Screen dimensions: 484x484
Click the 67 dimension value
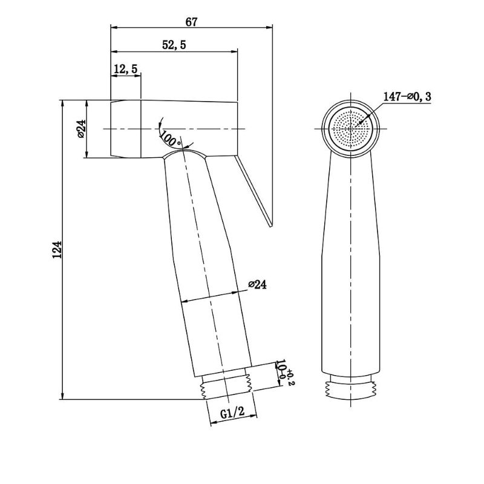point(191,22)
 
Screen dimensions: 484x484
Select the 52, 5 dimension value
point(174,45)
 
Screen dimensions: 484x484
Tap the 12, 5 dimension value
point(125,69)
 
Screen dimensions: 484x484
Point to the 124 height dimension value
point(57,250)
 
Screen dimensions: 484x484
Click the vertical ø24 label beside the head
point(81,128)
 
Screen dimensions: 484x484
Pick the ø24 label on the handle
point(258,284)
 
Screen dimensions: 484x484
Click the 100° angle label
point(171,139)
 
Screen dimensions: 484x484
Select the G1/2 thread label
point(232,412)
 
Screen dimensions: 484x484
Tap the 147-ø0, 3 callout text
point(407,97)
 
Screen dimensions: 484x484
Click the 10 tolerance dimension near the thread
point(284,373)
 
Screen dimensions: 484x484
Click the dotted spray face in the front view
point(350,129)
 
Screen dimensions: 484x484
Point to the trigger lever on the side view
point(253,191)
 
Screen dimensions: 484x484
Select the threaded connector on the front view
point(351,387)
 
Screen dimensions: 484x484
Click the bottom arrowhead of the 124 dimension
point(63,396)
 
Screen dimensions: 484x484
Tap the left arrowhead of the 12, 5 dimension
point(114,75)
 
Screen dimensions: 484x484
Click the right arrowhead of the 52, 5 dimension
point(234,51)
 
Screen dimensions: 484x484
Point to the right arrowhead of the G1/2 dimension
point(253,416)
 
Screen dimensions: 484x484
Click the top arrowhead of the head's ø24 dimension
point(87,103)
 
